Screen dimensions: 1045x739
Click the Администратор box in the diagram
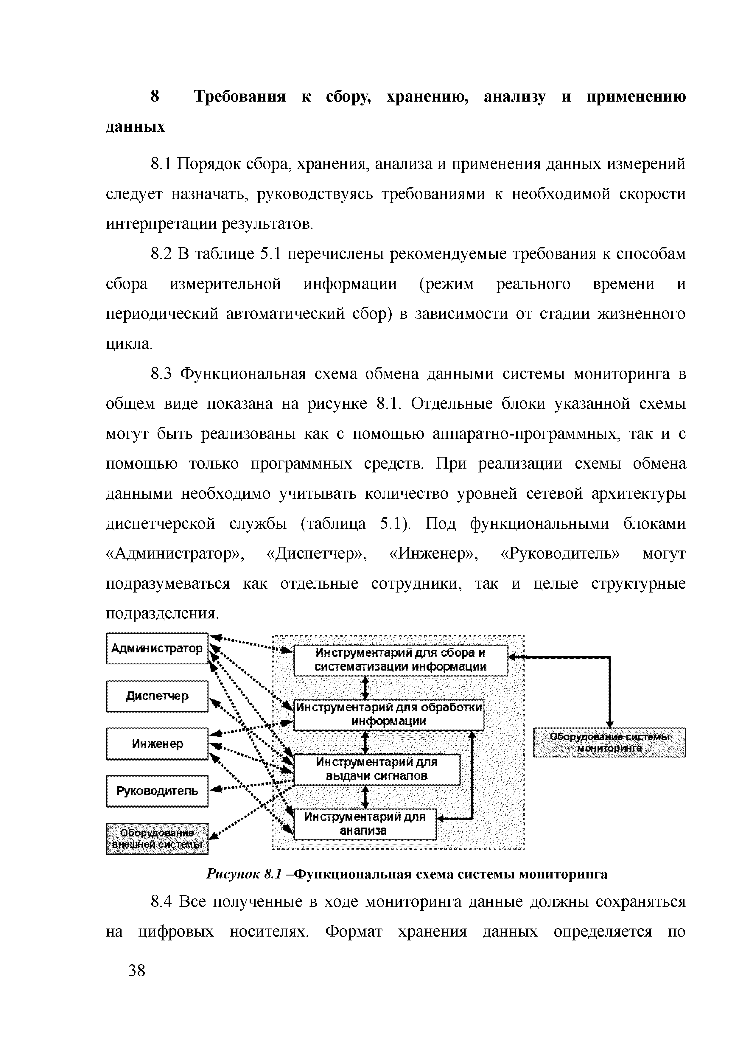click(x=157, y=648)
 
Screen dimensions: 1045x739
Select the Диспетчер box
click(x=157, y=696)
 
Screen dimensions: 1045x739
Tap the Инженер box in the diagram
click(x=157, y=744)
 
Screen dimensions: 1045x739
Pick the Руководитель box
click(x=157, y=791)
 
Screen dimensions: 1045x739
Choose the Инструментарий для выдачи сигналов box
click(x=377, y=769)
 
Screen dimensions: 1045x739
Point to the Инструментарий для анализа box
click(x=365, y=823)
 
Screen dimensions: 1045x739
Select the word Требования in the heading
click(x=240, y=97)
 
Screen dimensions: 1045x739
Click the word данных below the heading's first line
click(x=135, y=127)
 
